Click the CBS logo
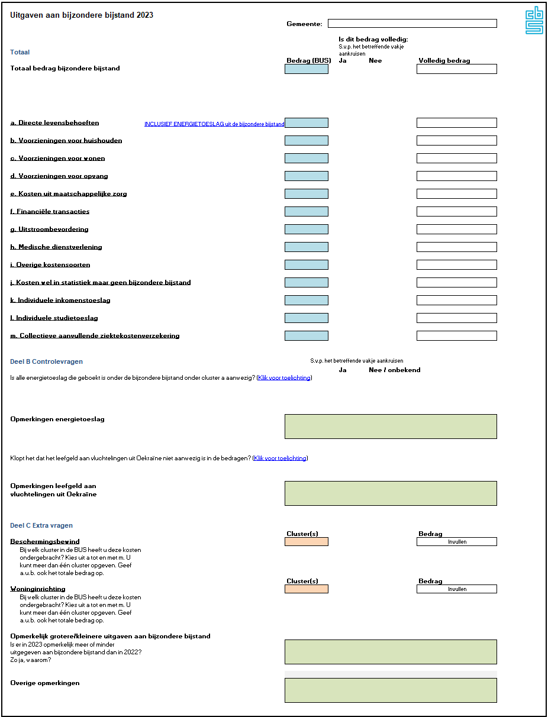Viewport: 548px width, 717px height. coord(534,20)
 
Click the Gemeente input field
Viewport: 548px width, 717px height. coord(412,24)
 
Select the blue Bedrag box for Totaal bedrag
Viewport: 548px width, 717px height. coord(306,69)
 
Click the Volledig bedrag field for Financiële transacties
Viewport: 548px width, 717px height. coord(456,212)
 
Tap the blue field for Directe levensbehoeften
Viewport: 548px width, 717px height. coord(306,123)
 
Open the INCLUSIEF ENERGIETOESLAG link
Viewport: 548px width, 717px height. coord(214,124)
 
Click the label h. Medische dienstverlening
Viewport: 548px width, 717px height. coord(56,247)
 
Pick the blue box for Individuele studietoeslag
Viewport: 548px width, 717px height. coord(306,318)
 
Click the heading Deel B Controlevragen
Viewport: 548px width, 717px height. coord(47,361)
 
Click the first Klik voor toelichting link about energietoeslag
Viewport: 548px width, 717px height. coord(284,377)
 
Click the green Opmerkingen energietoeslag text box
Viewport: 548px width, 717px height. coord(391,427)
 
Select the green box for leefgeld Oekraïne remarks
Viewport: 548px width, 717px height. coord(391,493)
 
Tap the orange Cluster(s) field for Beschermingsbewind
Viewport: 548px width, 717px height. coord(306,542)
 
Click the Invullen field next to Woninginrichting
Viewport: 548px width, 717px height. coord(456,589)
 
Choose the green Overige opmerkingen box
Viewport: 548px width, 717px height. coord(391,690)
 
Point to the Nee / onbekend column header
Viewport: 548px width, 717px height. coord(394,370)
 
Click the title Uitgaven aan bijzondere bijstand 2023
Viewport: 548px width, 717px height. coord(82,15)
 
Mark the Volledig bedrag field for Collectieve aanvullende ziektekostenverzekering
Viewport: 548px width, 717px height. coord(456,336)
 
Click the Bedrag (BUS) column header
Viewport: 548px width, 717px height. coord(308,60)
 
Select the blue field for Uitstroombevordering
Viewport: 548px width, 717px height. coord(306,230)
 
